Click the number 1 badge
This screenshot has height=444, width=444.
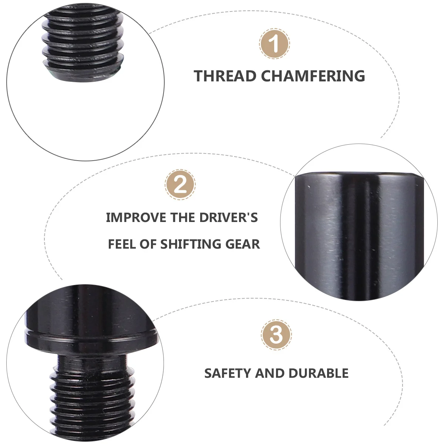274,44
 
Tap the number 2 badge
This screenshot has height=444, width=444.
180,184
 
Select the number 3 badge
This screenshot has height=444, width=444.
276,334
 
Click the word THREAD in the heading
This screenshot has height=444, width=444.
225,76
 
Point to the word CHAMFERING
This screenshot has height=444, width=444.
313,76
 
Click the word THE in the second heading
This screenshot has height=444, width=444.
183,218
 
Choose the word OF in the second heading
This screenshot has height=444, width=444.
148,244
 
